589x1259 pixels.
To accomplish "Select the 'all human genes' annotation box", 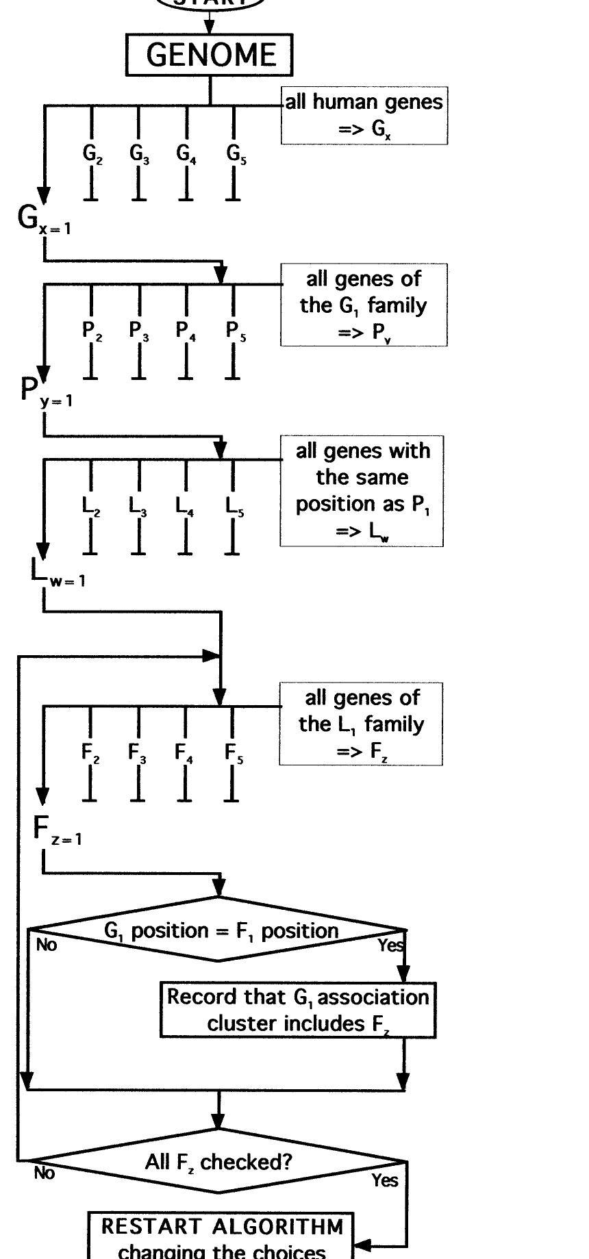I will pyautogui.click(x=364, y=115).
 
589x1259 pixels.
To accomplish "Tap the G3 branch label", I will pyautogui.click(x=139, y=154).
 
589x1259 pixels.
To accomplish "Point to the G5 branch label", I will pyautogui.click(x=236, y=154).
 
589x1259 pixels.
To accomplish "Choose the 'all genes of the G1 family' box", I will pyautogui.click(x=364, y=305).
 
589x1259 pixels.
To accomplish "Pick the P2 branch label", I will pyautogui.click(x=92, y=331).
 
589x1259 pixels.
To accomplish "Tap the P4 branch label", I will pyautogui.click(x=186, y=331).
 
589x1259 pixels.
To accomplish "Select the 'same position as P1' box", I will pyautogui.click(x=362, y=490).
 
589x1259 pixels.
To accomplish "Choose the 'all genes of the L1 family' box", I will pyautogui.click(x=361, y=724).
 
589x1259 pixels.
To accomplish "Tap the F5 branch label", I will pyautogui.click(x=234, y=754).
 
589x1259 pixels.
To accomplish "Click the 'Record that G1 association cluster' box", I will pyautogui.click(x=298, y=1010).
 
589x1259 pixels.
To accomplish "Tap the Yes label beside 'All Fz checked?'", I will pyautogui.click(x=385, y=1180).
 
